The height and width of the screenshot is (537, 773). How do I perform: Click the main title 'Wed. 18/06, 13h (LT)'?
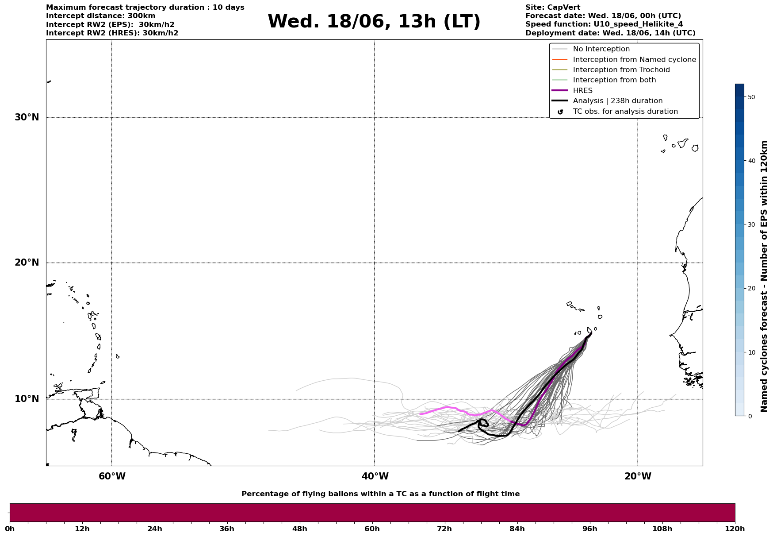[374, 22]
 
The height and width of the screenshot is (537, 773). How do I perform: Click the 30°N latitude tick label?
[27, 117]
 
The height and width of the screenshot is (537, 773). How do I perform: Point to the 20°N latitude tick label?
[27, 263]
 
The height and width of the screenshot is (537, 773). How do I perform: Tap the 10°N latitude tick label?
[27, 399]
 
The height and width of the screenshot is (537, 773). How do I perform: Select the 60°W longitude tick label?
[112, 476]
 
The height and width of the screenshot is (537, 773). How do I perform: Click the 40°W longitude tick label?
[375, 476]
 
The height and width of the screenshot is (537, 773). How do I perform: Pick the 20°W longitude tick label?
[638, 476]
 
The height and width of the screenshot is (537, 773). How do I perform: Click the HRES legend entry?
[582, 91]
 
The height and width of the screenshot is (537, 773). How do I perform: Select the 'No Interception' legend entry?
[601, 49]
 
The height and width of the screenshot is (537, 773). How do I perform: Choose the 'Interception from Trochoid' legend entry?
[621, 70]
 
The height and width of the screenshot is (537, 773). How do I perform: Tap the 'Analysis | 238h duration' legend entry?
[617, 101]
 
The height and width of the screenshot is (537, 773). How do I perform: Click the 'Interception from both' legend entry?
[614, 80]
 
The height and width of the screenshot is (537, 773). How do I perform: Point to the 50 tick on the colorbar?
[751, 97]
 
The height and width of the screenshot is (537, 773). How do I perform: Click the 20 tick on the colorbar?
[751, 288]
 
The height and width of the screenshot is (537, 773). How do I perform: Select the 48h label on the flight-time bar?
[299, 529]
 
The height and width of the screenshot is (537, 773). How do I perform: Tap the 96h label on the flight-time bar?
[589, 529]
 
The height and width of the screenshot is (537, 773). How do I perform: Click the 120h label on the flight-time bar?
[735, 529]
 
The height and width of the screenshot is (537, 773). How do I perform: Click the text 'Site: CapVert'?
[552, 8]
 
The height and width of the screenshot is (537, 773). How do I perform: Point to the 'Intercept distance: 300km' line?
[100, 16]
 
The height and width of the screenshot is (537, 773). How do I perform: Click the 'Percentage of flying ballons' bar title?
[380, 494]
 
